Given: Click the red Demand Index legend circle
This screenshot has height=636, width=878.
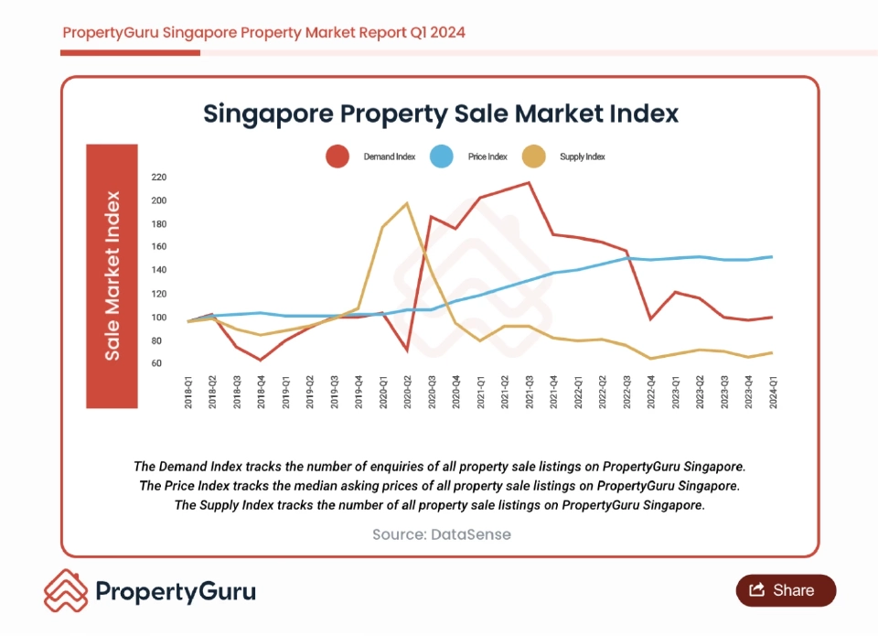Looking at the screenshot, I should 337,156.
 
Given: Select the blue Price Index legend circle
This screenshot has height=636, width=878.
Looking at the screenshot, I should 441,156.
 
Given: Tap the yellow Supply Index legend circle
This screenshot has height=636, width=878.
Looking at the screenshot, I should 533,156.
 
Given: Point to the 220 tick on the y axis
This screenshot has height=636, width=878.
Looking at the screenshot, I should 159,178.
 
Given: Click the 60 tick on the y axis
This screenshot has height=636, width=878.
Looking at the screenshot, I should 156,363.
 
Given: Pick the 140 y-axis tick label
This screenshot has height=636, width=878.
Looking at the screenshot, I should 159,271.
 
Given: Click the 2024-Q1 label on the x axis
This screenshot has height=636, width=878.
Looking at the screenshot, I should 774,392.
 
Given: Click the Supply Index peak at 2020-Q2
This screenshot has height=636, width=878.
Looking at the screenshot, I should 407,203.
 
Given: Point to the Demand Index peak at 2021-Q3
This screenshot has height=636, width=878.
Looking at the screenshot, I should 529,182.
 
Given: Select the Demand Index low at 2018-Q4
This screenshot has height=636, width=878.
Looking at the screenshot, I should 261,360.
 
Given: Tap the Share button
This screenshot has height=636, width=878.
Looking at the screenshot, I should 786,590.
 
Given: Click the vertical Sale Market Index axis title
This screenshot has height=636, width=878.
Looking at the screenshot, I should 112,275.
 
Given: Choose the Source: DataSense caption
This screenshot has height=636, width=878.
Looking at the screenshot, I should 441,534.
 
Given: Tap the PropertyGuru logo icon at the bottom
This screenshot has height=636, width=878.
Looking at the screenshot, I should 66,591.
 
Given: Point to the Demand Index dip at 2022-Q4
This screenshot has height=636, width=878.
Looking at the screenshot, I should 650,319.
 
